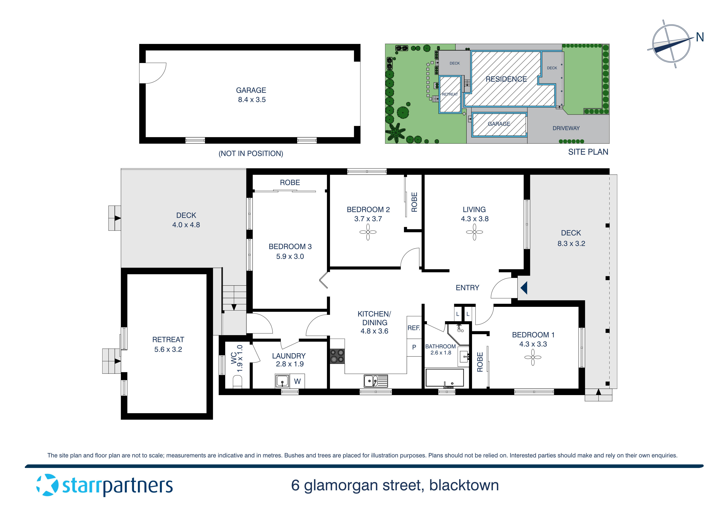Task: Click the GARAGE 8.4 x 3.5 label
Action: [251, 95]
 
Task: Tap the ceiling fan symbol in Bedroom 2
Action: [368, 232]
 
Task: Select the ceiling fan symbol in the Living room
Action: [474, 232]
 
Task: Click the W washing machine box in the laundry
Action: [297, 381]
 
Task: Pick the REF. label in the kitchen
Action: [414, 328]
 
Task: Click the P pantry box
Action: [414, 347]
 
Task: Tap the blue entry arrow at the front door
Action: [524, 288]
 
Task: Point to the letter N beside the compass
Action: [700, 38]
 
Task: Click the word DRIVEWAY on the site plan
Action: [566, 128]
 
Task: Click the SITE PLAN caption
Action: [588, 152]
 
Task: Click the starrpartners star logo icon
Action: [47, 485]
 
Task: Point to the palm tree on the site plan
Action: [396, 132]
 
